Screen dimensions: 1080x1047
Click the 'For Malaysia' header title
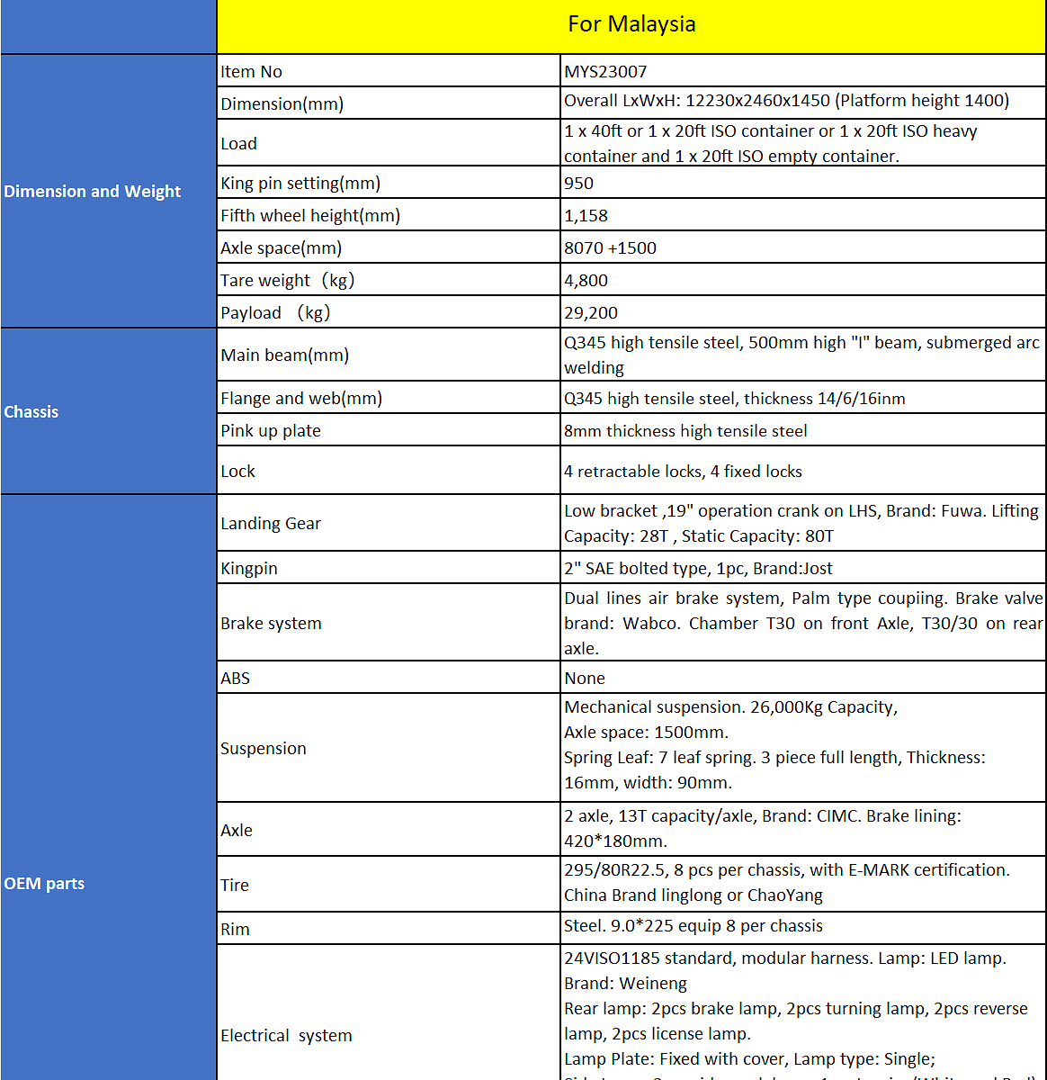tap(631, 24)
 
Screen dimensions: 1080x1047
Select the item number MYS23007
tap(605, 72)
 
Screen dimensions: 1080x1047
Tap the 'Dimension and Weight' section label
tap(93, 192)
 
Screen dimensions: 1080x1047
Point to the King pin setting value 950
tap(578, 184)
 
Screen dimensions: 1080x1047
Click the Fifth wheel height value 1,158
tap(586, 216)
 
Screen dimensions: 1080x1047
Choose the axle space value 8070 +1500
tap(610, 248)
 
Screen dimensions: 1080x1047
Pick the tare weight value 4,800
tap(586, 281)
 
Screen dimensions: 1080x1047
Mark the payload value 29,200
tap(590, 313)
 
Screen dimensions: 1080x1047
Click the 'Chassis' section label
tap(31, 412)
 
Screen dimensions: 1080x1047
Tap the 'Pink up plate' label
tap(271, 431)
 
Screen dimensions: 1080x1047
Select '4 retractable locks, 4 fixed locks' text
tap(683, 472)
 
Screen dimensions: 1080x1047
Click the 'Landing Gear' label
tap(271, 524)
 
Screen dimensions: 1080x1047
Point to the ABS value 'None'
tap(585, 679)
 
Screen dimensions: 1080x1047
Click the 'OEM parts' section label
tap(44, 884)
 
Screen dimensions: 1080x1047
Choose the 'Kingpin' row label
tap(249, 569)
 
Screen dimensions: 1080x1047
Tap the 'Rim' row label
tap(235, 930)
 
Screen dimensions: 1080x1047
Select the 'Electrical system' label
tap(286, 1036)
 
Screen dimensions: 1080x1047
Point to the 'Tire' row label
tap(235, 886)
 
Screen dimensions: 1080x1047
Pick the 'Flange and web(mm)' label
tap(301, 399)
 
